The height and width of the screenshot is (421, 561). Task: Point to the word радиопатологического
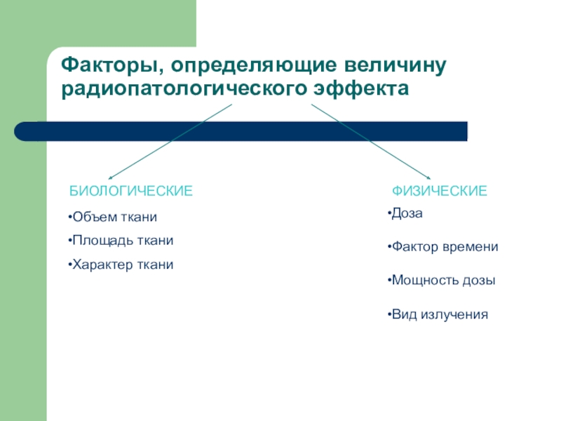coord(185,90)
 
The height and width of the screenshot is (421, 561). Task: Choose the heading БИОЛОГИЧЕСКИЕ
coord(130,192)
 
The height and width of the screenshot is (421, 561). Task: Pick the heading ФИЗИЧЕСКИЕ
coord(439,192)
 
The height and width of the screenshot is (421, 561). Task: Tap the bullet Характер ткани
coord(123,265)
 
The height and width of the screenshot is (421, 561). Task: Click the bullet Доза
coord(406,213)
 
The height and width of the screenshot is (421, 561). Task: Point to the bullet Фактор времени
coord(443,247)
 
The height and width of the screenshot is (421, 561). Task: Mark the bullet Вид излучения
coord(438,314)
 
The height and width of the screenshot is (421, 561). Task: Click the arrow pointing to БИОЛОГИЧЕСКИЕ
coord(168,142)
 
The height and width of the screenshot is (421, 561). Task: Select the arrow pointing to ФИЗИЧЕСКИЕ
coord(372,142)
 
